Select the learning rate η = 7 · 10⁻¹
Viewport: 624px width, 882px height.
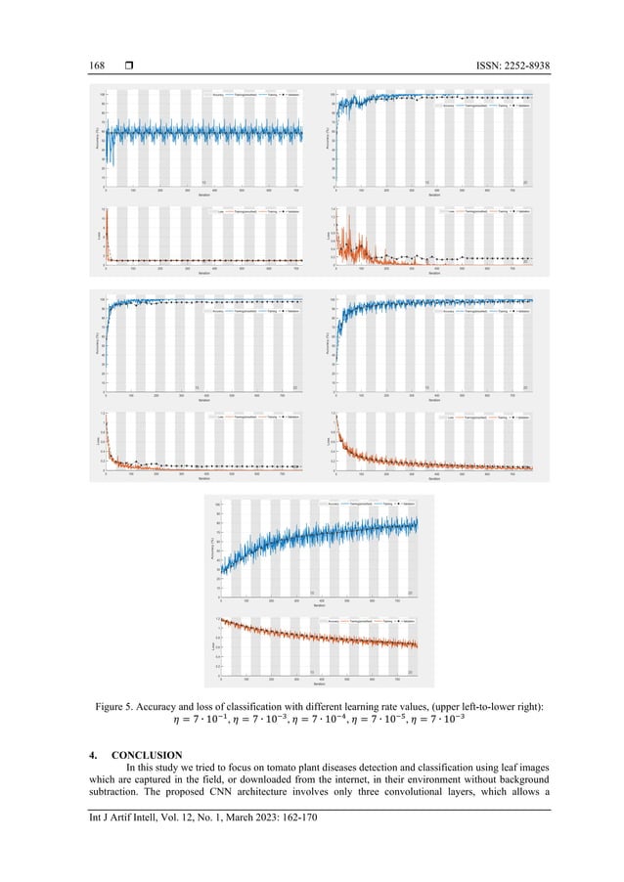pos(186,724)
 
